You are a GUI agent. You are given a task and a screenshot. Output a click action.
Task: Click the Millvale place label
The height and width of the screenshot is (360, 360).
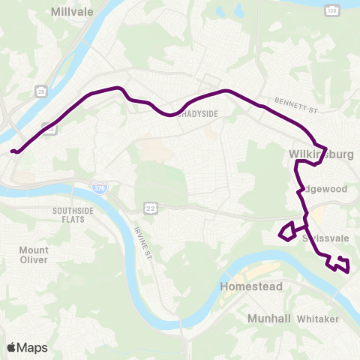[x=70, y=12]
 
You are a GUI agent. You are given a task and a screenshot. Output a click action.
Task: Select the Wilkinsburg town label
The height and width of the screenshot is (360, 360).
[x=320, y=155]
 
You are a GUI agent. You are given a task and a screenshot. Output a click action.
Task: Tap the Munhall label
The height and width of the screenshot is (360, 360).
[x=268, y=319]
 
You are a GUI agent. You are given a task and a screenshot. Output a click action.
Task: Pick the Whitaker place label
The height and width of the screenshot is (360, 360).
[x=319, y=319]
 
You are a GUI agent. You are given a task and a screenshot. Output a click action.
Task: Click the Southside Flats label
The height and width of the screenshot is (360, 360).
[x=73, y=215]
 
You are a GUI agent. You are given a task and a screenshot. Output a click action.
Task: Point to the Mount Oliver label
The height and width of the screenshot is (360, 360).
[x=34, y=255]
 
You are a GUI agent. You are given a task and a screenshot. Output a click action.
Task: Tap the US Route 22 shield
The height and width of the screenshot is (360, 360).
[x=150, y=207]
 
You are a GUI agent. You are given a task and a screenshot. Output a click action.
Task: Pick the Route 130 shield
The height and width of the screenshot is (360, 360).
[x=331, y=9]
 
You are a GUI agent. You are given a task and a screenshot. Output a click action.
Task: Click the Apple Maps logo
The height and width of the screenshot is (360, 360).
[x=27, y=347]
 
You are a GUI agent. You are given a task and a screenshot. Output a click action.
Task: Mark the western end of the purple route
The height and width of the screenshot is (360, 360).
[x=13, y=151]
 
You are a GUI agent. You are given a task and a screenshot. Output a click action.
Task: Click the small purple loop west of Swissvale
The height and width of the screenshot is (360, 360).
[x=286, y=232]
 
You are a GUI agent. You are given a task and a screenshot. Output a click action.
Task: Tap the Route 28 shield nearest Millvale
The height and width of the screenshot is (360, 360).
[x=40, y=90]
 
